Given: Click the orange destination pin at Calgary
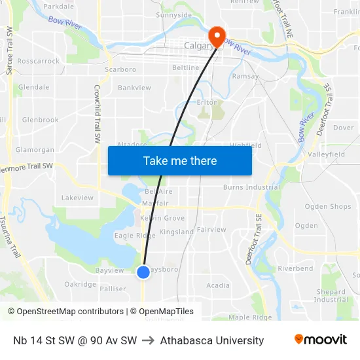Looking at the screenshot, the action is pos(215,35).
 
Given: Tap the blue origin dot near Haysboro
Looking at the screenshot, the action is pos(143,272).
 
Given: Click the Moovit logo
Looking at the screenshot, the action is pos(320,340).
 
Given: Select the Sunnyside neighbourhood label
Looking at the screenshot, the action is pos(174,14).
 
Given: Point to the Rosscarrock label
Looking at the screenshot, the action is pos(39,61).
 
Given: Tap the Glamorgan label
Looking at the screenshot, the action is pos(35,150).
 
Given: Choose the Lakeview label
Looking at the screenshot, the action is pos(77,197).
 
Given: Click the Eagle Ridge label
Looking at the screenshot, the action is pos(135,236).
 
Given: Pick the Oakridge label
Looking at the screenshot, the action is pos(80,284).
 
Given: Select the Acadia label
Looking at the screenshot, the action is pos(218,285).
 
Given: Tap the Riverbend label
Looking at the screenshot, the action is pos(295,268).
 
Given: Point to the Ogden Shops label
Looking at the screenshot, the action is pos(328,207).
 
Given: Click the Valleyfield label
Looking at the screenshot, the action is pos(326,154).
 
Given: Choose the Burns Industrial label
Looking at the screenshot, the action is pos(251,187).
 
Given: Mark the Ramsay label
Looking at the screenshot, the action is pos(245,76).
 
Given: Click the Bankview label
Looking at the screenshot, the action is pos(134,88).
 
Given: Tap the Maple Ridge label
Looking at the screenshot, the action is pos(249,317).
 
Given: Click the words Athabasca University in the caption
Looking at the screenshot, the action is pos(211,340).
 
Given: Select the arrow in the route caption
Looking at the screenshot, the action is pos(148,340).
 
